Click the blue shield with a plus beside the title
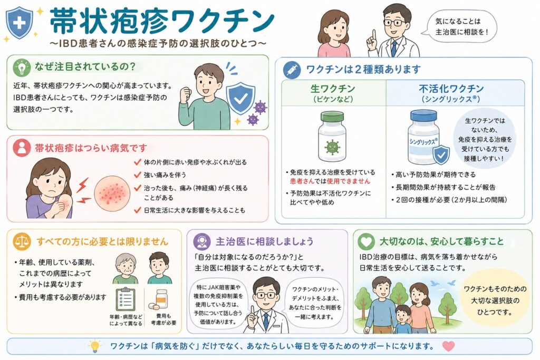click(20, 23)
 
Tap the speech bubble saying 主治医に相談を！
click(460, 26)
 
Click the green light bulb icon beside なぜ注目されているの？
click(22, 67)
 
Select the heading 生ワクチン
click(333, 89)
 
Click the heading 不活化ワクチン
click(451, 89)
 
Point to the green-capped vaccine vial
click(332, 136)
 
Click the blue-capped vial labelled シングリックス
click(423, 138)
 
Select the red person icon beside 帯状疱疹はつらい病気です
click(22, 148)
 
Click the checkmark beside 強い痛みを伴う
click(138, 175)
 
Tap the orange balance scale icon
click(22, 241)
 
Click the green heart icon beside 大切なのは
click(366, 241)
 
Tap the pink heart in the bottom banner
click(448, 346)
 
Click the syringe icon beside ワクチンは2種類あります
click(292, 70)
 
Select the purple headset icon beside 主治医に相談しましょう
click(202, 241)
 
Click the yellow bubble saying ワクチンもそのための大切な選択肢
click(495, 300)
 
